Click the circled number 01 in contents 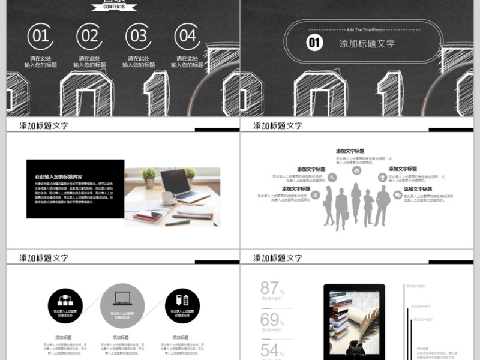click(x=40, y=36)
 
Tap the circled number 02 click(x=89, y=36)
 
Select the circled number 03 click(x=139, y=36)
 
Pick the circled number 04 click(x=188, y=36)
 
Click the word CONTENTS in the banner click(x=114, y=7)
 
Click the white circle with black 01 click(x=315, y=42)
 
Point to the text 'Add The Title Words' click(x=364, y=29)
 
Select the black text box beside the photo click(x=75, y=189)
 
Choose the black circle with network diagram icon click(x=65, y=305)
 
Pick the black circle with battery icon click(x=182, y=305)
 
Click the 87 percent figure click(x=271, y=288)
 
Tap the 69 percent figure click(x=271, y=320)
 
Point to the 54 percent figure click(x=271, y=350)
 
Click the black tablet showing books click(x=354, y=321)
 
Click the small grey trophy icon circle click(x=382, y=178)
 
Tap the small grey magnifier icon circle click(x=332, y=178)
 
